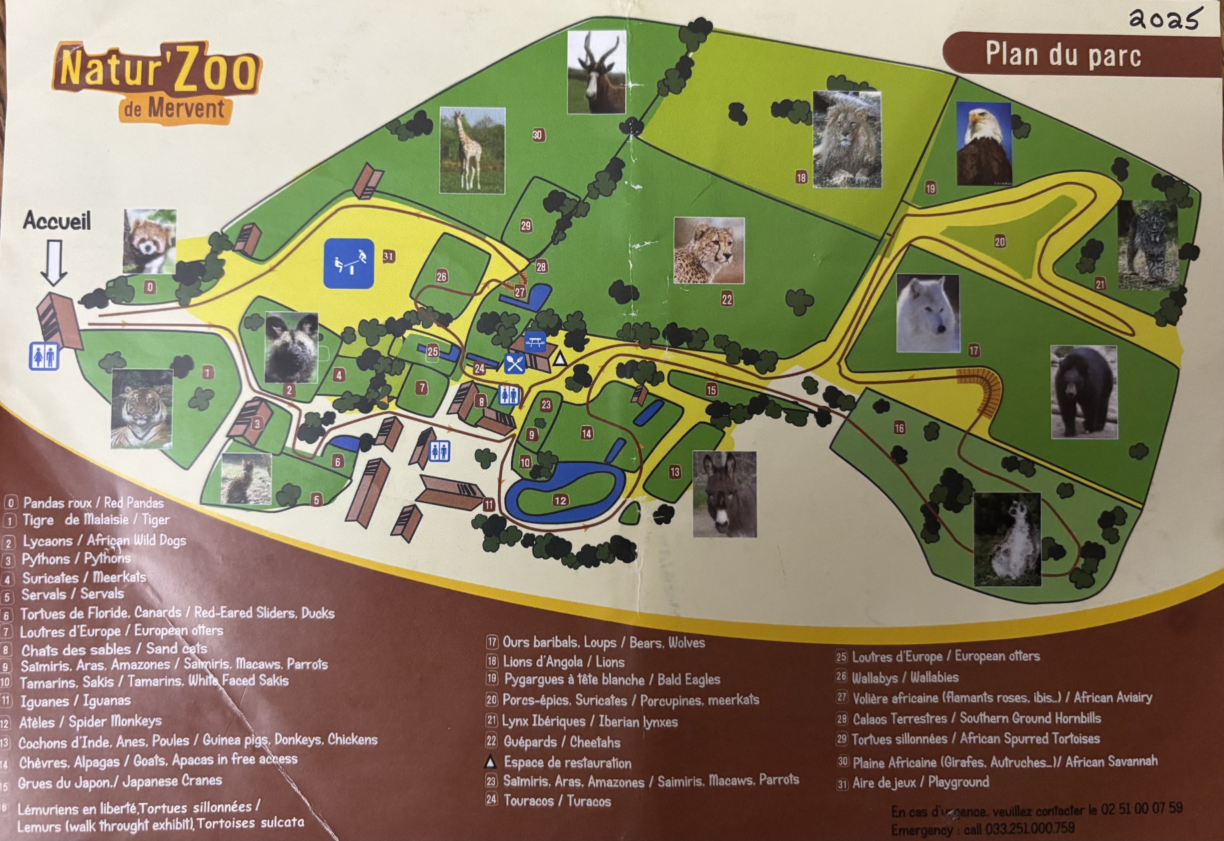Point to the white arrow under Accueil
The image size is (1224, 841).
point(54,262)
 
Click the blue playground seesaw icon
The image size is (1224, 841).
point(349,264)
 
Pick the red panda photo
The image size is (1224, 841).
point(149,241)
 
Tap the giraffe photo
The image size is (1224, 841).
point(472,151)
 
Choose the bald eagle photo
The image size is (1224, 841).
point(983,143)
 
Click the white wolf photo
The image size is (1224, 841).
point(927,313)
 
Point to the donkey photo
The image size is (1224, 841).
point(724,494)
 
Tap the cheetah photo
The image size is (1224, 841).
point(709,251)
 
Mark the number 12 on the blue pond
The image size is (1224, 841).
point(560,500)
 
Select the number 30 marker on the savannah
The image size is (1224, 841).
point(537,135)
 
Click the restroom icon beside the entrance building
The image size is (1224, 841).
point(44,357)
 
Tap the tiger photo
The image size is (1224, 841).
point(142,408)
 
